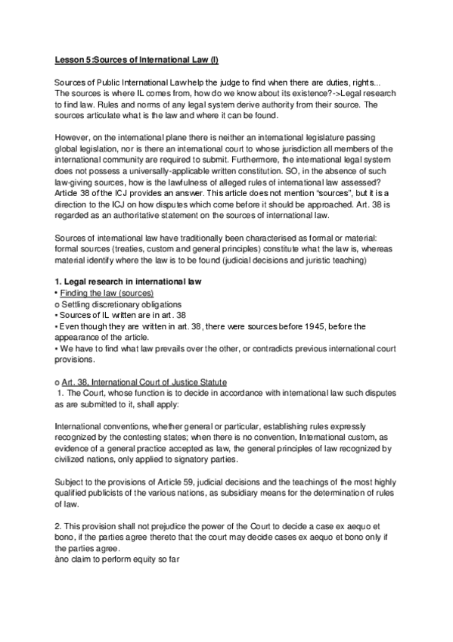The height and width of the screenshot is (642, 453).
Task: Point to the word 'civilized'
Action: click(76, 460)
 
